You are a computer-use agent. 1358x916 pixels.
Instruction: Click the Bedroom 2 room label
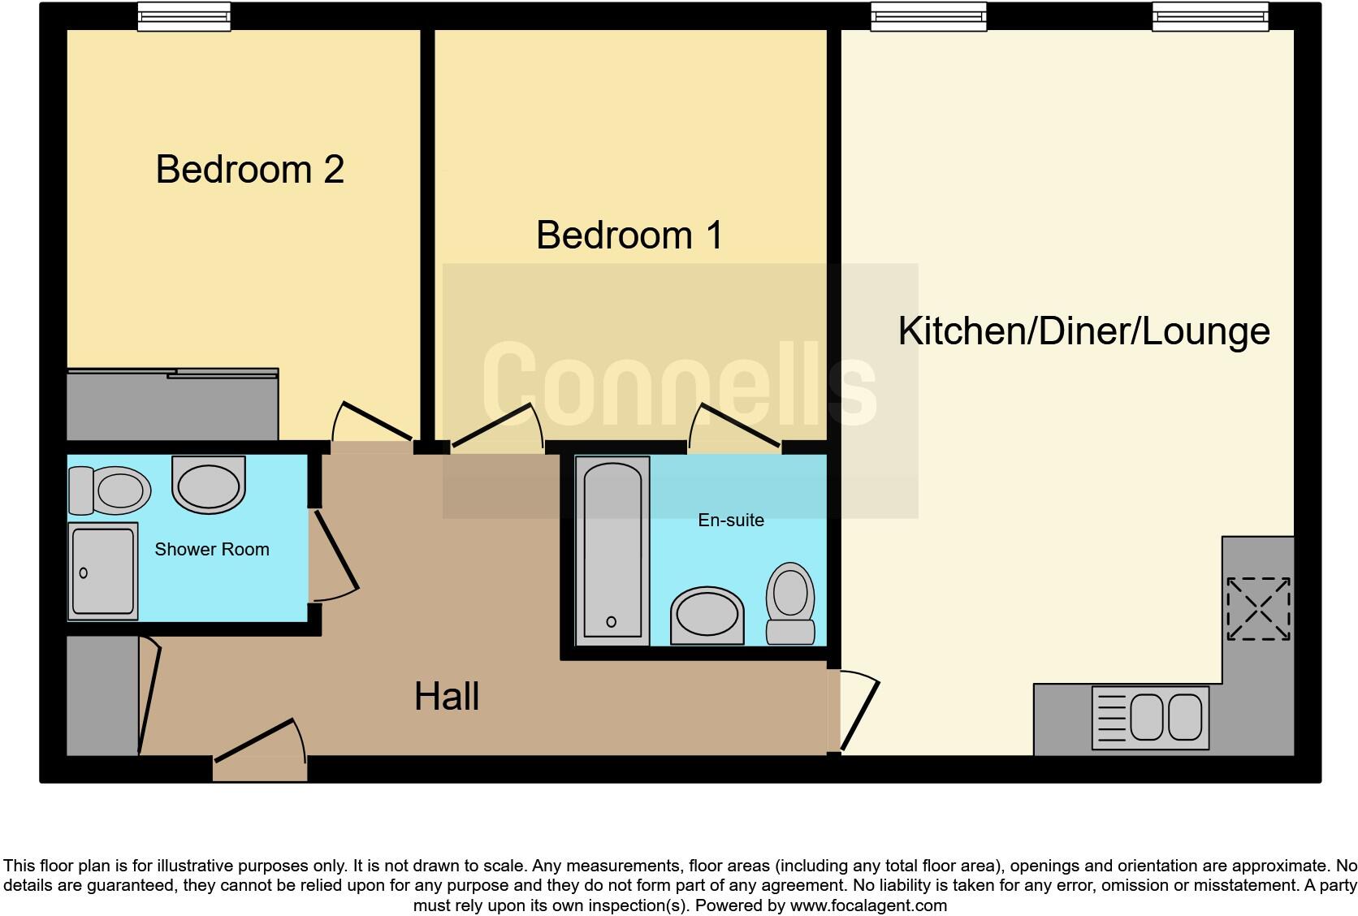coord(249,170)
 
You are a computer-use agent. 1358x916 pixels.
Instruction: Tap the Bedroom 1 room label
coord(629,235)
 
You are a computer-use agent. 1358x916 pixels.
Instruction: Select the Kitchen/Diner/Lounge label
coord(1083,331)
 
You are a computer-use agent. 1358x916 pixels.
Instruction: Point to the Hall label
coord(446,697)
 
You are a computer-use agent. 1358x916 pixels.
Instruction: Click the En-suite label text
coord(731,521)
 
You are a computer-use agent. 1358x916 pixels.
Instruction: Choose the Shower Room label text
coord(211,550)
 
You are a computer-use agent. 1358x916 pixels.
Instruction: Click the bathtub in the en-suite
coord(612,551)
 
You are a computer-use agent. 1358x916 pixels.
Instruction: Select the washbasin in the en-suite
coord(707,616)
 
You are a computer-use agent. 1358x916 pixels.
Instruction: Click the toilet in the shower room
coord(110,490)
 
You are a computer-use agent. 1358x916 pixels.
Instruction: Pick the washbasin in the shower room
coord(209,484)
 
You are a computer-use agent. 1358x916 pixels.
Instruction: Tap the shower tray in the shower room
coord(102,571)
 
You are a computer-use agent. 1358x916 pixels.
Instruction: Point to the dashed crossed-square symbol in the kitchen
coord(1257,608)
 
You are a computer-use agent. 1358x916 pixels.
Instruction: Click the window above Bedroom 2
coord(184,16)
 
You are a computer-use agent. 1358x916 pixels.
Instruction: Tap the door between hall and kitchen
coord(858,711)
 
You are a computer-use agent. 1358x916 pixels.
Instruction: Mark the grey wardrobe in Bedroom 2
coord(171,405)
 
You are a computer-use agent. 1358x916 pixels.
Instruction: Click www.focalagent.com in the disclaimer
coord(867,905)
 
